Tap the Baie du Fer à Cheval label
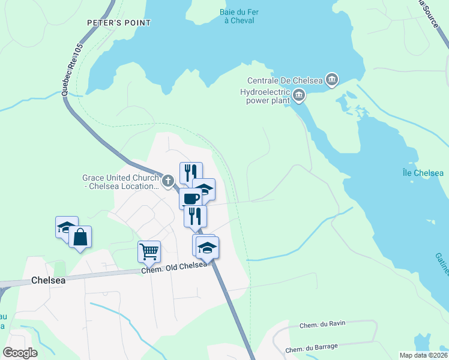(237, 16)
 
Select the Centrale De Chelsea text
(285, 80)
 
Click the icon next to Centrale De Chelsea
(332, 80)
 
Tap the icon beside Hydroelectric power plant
(298, 95)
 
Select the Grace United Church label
(121, 182)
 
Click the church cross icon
(169, 179)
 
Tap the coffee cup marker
(190, 198)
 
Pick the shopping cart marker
(149, 251)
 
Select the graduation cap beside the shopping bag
(66, 227)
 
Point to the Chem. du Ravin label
(322, 325)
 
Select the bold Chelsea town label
(48, 280)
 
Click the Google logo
(20, 353)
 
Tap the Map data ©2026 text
(423, 355)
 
